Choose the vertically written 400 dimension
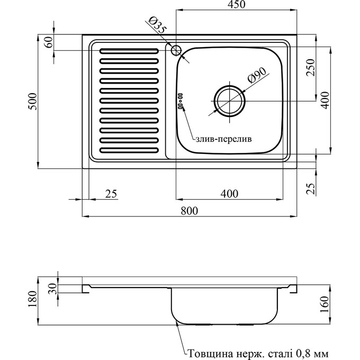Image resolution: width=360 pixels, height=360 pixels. point(326,100)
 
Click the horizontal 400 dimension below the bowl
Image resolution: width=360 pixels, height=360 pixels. point(229,194)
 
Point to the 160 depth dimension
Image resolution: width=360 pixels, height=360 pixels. point(326,305)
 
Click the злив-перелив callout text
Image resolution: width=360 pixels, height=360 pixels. point(223,139)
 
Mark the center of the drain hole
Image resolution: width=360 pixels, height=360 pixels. point(230,100)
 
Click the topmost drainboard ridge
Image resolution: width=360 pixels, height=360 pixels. point(129,52)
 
